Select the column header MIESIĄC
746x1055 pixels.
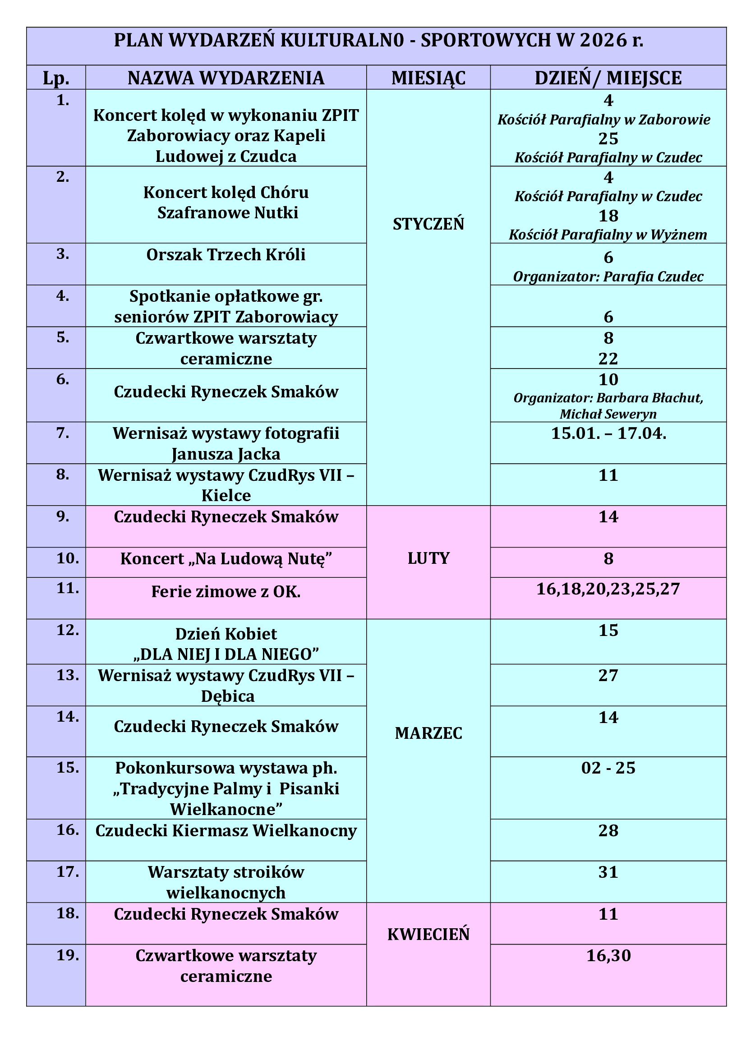428,78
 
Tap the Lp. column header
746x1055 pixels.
56,78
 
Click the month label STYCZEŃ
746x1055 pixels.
428,224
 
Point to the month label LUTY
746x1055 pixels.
428,558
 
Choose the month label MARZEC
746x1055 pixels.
428,733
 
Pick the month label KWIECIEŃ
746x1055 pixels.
428,935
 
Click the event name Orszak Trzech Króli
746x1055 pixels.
226,255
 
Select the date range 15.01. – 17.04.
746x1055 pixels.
608,433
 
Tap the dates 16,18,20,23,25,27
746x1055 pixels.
608,589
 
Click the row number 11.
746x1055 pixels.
68,588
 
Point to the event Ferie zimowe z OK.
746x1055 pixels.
226,592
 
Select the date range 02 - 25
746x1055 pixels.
608,768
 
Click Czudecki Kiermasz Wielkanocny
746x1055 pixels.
226,831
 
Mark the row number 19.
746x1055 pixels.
68,955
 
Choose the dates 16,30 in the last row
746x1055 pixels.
608,956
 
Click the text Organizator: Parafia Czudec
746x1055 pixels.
608,276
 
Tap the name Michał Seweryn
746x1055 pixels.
608,414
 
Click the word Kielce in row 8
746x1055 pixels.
226,495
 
